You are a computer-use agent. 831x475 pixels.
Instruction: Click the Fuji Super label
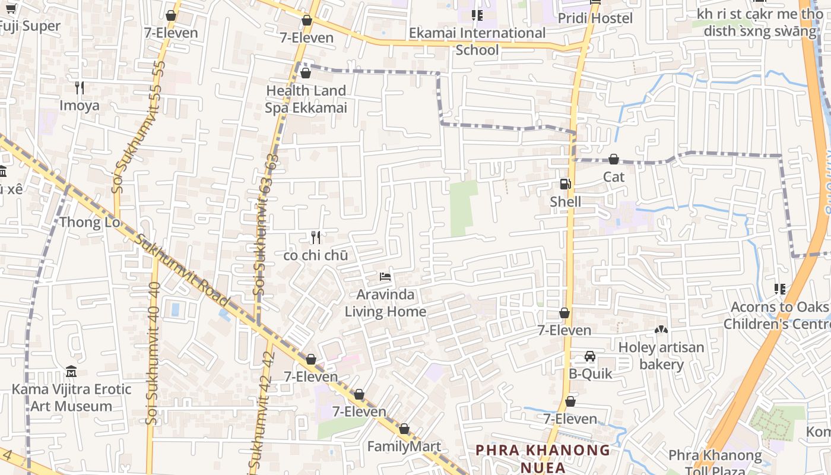coord(30,26)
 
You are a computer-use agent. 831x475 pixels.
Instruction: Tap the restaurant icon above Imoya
coord(80,88)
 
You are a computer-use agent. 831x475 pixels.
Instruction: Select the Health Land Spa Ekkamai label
coord(306,99)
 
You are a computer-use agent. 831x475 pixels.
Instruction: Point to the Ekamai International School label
coord(477,41)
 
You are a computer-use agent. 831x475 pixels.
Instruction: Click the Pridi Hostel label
coord(595,18)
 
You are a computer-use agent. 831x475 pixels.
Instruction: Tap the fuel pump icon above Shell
coord(565,184)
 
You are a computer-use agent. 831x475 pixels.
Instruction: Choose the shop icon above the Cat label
coord(614,159)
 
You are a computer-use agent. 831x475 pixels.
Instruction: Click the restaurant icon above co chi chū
coord(316,237)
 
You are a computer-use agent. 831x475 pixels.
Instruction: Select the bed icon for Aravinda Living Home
coord(385,277)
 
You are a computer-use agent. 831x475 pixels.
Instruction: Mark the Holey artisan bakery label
coord(661,356)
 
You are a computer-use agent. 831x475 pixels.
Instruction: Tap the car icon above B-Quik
coord(590,356)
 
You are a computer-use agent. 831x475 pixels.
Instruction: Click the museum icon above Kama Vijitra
coord(71,372)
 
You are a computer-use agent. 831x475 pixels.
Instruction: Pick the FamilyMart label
coord(404,446)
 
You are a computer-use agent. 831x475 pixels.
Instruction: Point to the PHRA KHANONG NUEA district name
coord(543,458)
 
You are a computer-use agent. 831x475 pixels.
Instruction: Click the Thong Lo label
coord(90,223)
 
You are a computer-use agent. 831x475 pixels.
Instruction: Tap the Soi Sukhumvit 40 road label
coord(153,353)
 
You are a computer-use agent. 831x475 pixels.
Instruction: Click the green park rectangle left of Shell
coord(463,208)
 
